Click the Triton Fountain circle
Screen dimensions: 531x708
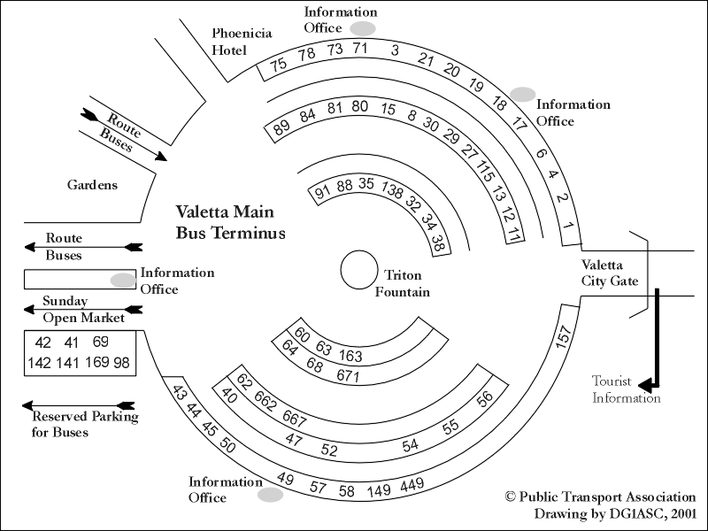(359, 269)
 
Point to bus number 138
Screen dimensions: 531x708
(391, 189)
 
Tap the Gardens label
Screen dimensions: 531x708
(92, 185)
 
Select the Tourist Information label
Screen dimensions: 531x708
(627, 389)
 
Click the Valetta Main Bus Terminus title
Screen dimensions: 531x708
(230, 223)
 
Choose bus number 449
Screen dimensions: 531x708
(412, 484)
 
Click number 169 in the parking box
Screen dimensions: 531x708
(97, 363)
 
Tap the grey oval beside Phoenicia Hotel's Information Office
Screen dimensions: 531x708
(363, 28)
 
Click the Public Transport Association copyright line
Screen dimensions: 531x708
(600, 497)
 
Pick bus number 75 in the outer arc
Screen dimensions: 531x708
(279, 64)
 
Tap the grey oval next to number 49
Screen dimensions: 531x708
(270, 495)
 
